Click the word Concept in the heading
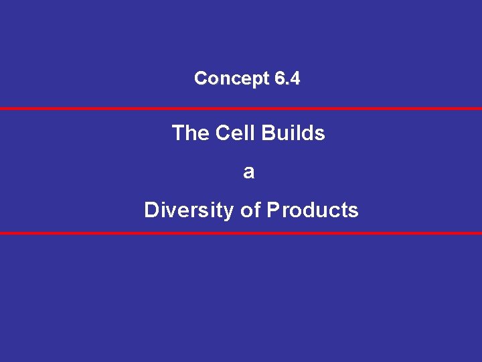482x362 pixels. pos(232,78)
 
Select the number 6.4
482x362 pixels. pos(287,78)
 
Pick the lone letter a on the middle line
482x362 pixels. pos(249,172)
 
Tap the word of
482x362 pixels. pos(250,210)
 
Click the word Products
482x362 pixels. pos(313,210)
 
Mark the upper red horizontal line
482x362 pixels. pos(241,108)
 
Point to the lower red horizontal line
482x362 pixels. pos(241,233)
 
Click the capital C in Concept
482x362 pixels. pos(200,78)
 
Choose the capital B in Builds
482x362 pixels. pos(268,133)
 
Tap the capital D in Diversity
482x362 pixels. pos(151,210)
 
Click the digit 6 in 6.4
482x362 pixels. pos(279,78)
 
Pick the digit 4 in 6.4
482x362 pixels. pos(295,78)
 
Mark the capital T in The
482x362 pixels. pos(178,133)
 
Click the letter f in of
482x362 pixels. pos(256,210)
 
